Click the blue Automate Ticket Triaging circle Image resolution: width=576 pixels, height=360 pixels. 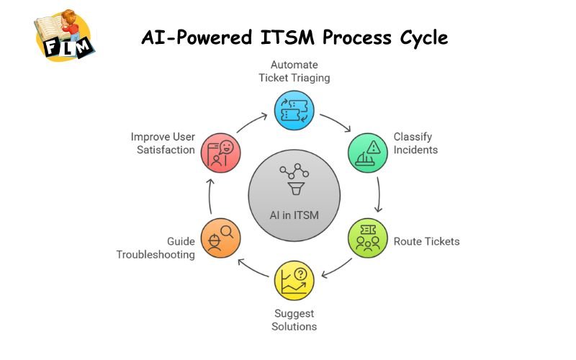[294, 111]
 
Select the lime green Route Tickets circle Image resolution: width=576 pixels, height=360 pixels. [367, 238]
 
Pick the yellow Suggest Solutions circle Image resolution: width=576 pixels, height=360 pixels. [294, 279]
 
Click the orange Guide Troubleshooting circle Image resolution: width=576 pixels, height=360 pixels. [221, 238]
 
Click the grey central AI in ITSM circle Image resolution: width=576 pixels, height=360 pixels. [294, 195]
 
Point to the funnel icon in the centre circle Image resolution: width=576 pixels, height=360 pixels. [294, 189]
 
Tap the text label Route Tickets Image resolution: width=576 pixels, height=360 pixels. [426, 241]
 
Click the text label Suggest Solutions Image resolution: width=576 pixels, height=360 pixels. [294, 320]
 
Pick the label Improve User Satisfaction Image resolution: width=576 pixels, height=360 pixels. [163, 143]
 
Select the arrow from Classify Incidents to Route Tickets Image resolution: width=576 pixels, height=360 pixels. [379, 195]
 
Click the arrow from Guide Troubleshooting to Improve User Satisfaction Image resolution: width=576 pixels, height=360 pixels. [210, 196]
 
